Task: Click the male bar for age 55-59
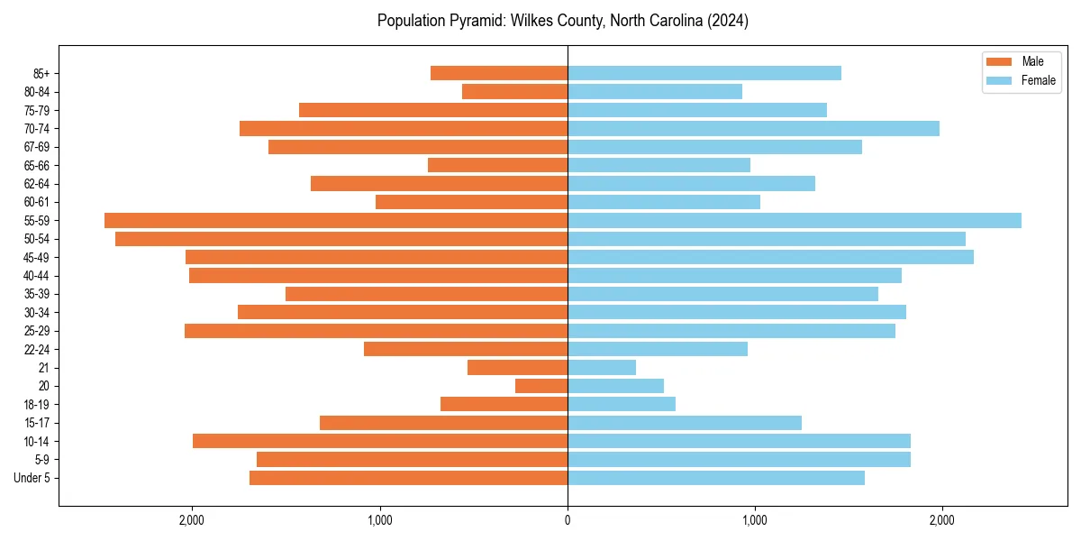point(336,220)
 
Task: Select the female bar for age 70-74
point(753,128)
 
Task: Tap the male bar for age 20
point(541,386)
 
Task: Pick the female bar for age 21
point(602,367)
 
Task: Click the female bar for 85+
point(704,73)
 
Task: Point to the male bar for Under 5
point(408,478)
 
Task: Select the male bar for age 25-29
point(376,331)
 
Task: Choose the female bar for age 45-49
point(770,257)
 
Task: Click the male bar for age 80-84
point(514,91)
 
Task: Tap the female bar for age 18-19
point(622,404)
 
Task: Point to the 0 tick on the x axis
point(568,519)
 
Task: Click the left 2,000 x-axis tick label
point(192,519)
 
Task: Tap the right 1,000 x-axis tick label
point(754,519)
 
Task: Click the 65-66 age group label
point(37,165)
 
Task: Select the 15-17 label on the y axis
point(37,423)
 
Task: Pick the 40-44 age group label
point(37,276)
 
